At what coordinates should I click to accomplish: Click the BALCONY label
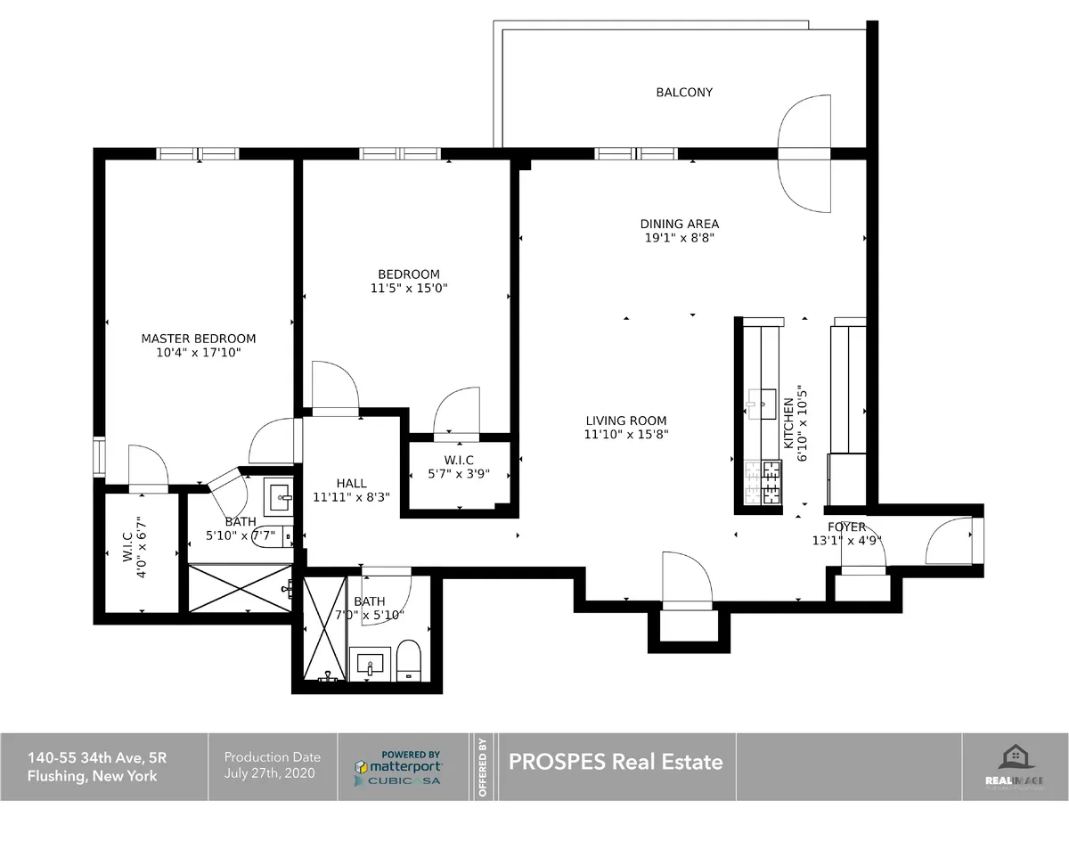pyautogui.click(x=684, y=92)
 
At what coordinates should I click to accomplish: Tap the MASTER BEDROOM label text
pyautogui.click(x=199, y=339)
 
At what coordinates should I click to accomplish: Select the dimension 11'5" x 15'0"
pyautogui.click(x=408, y=288)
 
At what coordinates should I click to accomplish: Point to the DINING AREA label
pyautogui.click(x=679, y=224)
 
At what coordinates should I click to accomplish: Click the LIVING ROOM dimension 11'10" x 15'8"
pyautogui.click(x=625, y=435)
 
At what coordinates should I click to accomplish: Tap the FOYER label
pyautogui.click(x=845, y=527)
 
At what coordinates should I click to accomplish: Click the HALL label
pyautogui.click(x=351, y=484)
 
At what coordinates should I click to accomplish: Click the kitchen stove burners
pyautogui.click(x=759, y=481)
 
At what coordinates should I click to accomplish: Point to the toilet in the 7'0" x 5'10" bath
pyautogui.click(x=408, y=659)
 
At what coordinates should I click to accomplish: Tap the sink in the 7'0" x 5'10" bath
pyautogui.click(x=370, y=664)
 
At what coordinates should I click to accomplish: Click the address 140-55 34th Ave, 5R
pyautogui.click(x=97, y=758)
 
